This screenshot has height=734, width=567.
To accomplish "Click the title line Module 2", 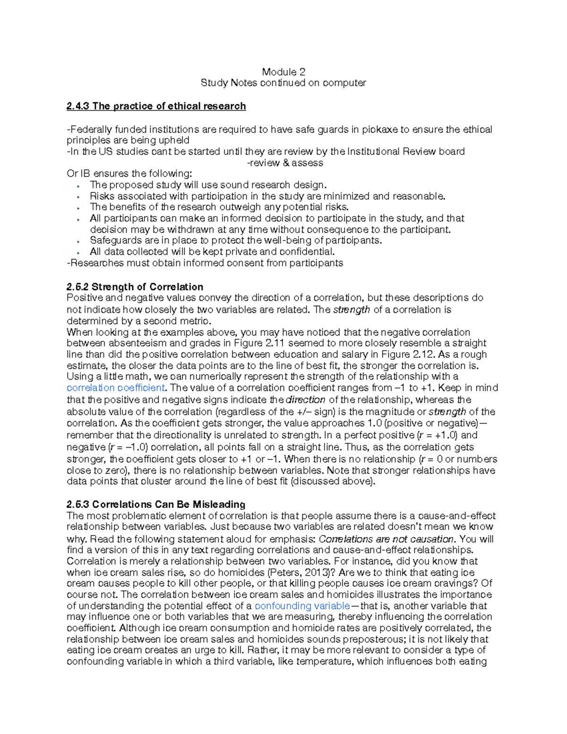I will pyautogui.click(x=283, y=72).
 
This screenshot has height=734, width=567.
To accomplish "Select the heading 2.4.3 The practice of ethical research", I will pyautogui.click(x=156, y=106).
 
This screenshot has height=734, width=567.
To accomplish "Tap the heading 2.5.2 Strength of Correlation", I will pyautogui.click(x=135, y=287).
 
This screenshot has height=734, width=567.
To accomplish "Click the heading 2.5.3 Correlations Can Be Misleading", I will pyautogui.click(x=156, y=504).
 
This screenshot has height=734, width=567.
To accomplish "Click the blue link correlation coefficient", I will pyautogui.click(x=116, y=388).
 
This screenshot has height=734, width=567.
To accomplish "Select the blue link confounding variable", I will pyautogui.click(x=302, y=606).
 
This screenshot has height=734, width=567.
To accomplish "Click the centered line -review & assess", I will pyautogui.click(x=285, y=163).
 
